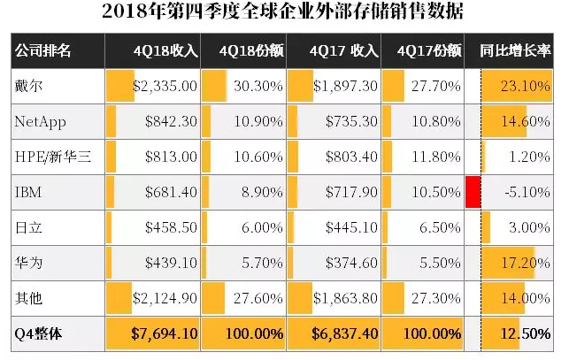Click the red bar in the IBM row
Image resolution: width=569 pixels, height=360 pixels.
coord(473,192)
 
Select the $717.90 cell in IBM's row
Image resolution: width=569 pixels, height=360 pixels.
coord(350,192)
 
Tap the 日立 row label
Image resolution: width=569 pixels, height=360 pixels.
coord(29,227)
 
